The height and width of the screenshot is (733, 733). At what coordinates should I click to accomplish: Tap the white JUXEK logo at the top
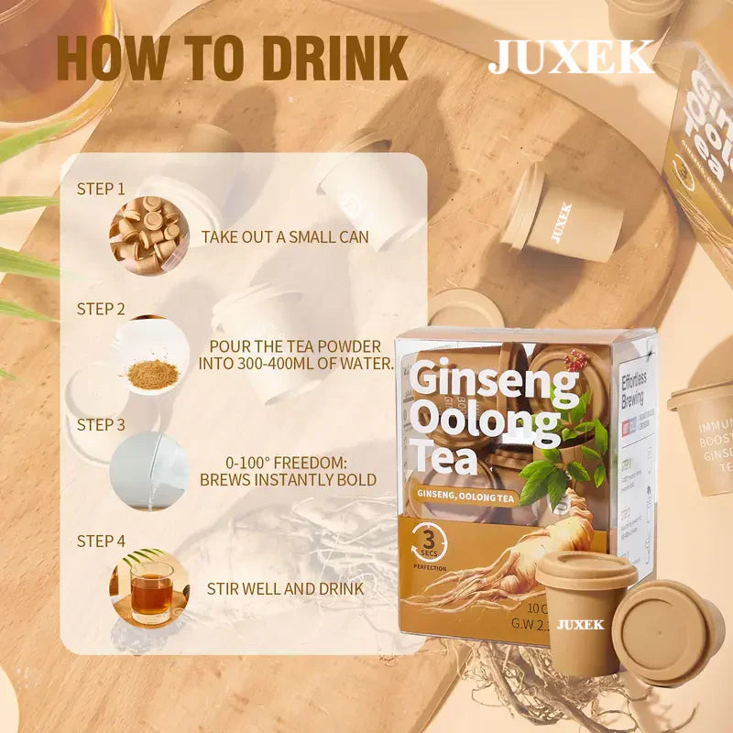[570, 57]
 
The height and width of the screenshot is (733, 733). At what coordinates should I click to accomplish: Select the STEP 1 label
[101, 189]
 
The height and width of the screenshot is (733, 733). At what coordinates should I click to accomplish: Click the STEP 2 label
[101, 309]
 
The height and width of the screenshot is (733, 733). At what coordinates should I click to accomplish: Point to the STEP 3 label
[101, 424]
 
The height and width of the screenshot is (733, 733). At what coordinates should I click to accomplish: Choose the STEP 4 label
[101, 541]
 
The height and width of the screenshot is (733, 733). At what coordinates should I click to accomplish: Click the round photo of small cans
[149, 230]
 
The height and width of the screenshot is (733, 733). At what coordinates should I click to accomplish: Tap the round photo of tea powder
[149, 356]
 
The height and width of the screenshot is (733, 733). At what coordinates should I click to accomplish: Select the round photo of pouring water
[149, 471]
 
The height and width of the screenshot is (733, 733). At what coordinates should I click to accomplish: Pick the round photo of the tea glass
[149, 587]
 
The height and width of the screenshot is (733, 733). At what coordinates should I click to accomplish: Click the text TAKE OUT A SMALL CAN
[285, 237]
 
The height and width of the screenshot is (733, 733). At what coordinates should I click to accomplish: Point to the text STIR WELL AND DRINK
[285, 588]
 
